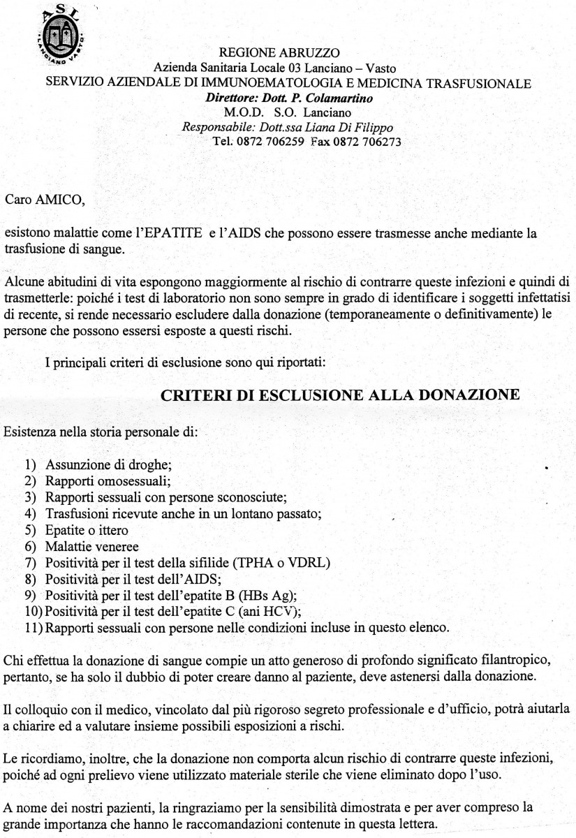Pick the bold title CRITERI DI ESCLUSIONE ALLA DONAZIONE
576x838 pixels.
340,395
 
